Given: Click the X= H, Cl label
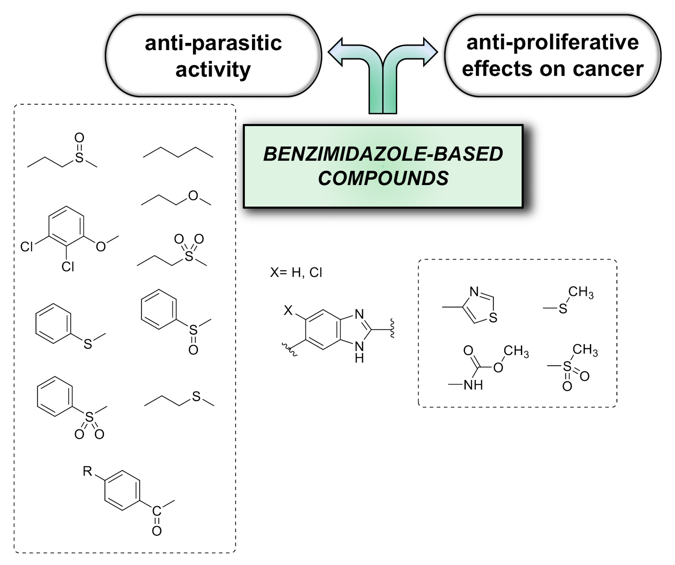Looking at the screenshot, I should click(296, 273).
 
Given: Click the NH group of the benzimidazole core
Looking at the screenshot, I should click(359, 352).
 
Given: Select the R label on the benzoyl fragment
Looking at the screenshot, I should click(87, 471).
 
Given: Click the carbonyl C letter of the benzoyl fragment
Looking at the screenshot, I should click(156, 511).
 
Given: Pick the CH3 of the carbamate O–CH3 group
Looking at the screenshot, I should click(516, 351).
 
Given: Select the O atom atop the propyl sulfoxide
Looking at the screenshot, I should click(79, 138).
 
